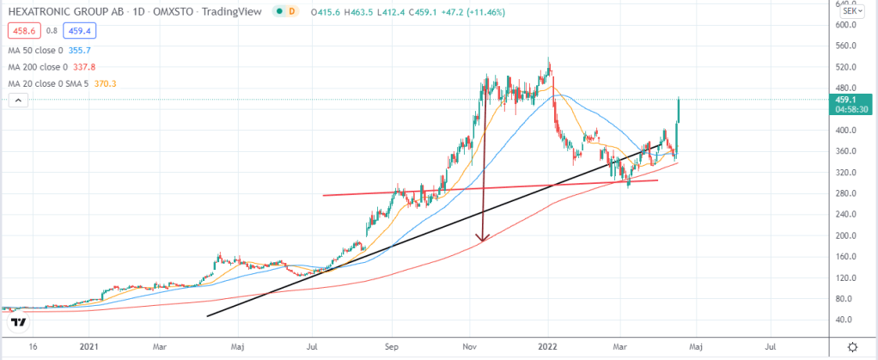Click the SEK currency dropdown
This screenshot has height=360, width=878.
point(851,11)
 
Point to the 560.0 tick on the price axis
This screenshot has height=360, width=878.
point(849,46)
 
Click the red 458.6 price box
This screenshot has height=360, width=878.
point(22,30)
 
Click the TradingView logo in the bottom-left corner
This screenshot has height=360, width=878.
point(18,322)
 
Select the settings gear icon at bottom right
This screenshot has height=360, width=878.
point(851,346)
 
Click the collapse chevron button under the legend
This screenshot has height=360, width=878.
point(17,101)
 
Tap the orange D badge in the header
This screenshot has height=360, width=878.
point(292,11)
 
